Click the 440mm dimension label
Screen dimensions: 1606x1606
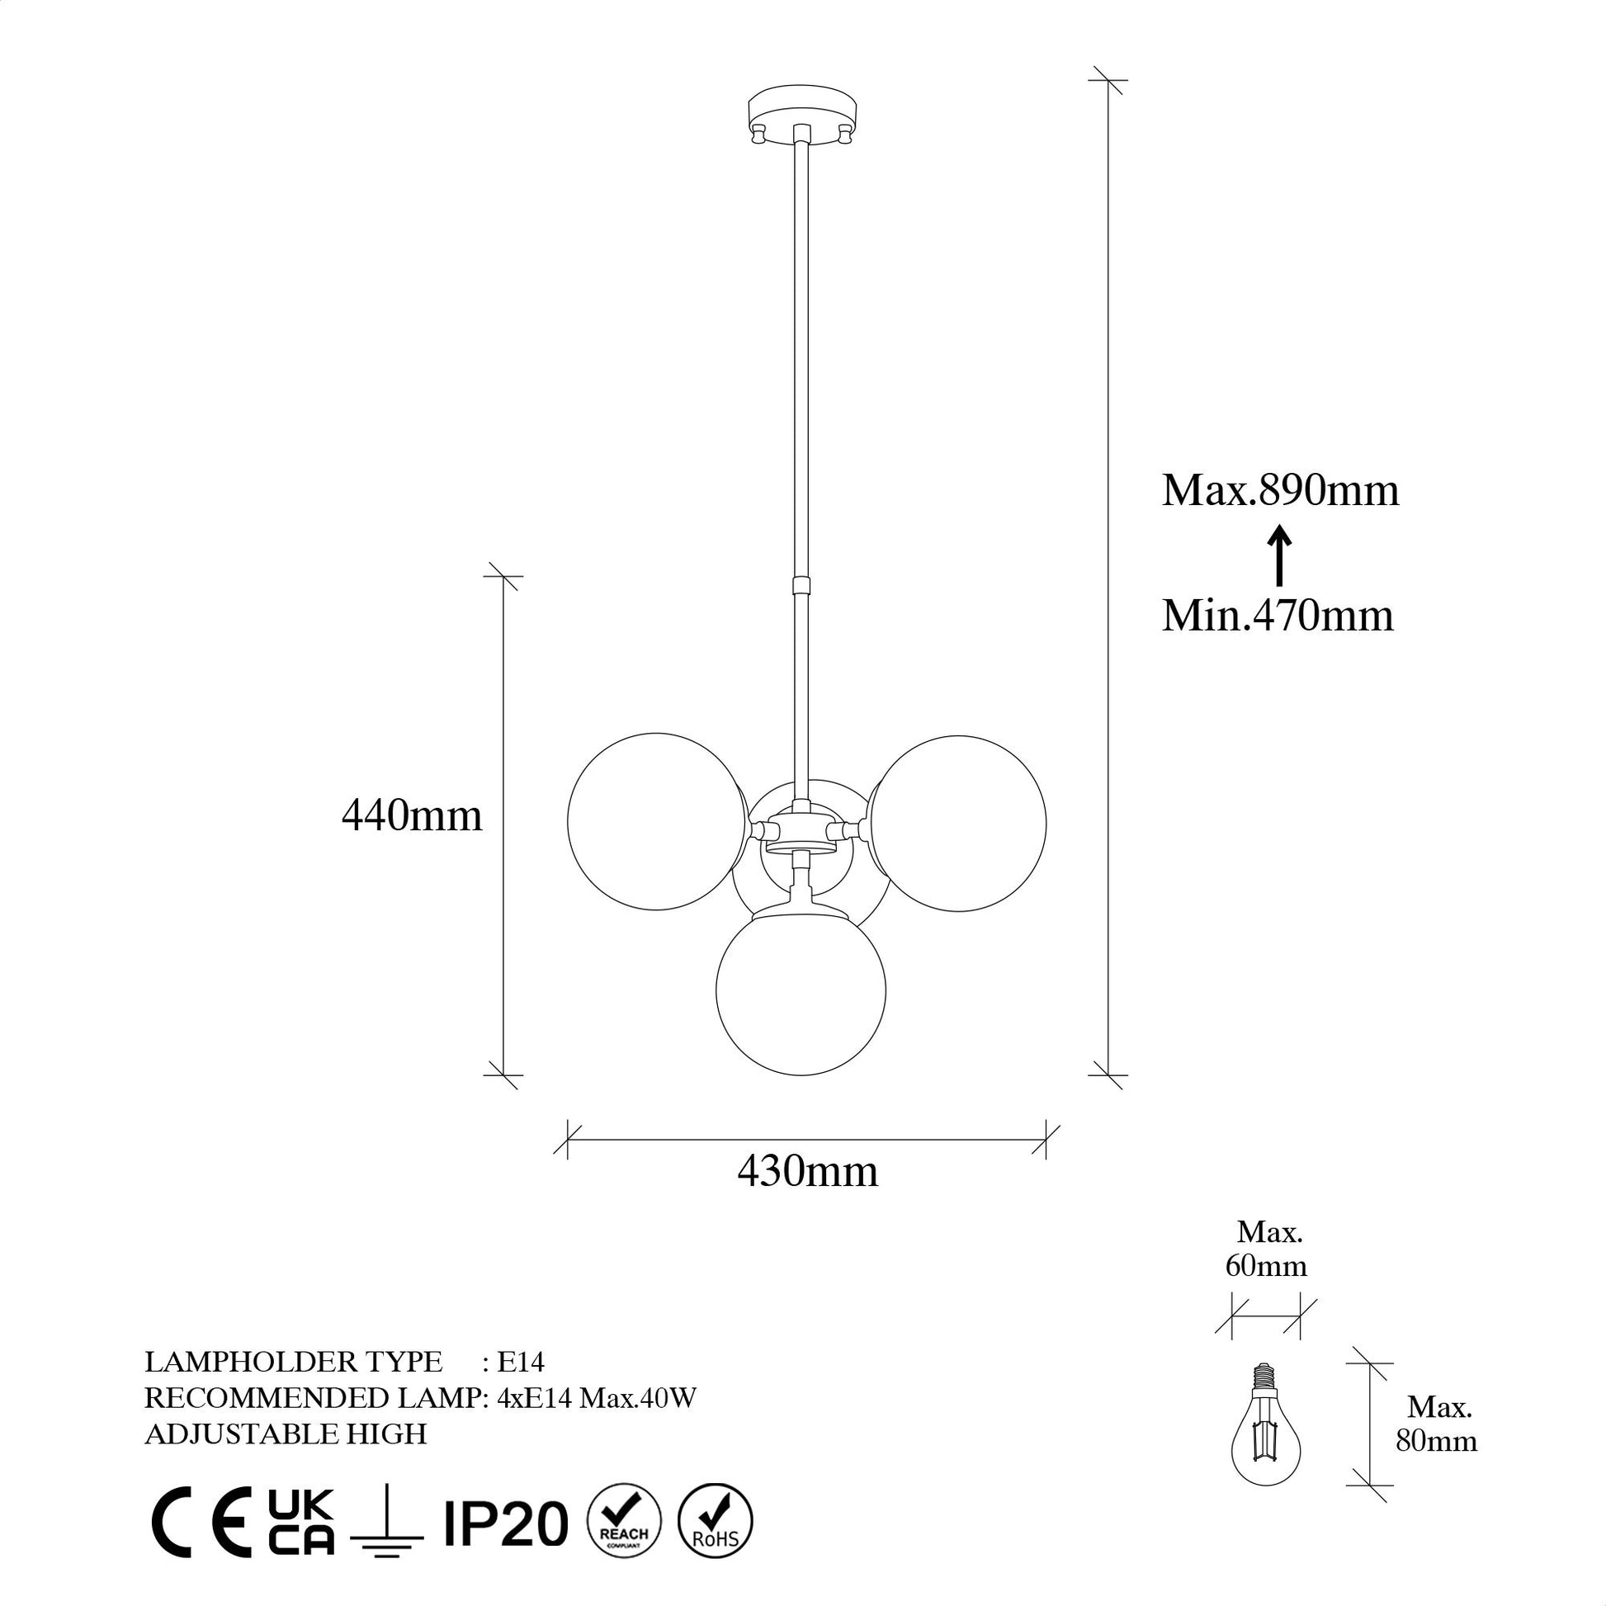tap(413, 816)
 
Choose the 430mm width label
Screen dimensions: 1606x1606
tap(807, 1172)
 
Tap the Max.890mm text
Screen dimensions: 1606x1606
tap(1280, 491)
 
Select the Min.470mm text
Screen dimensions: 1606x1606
tap(1278, 616)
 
